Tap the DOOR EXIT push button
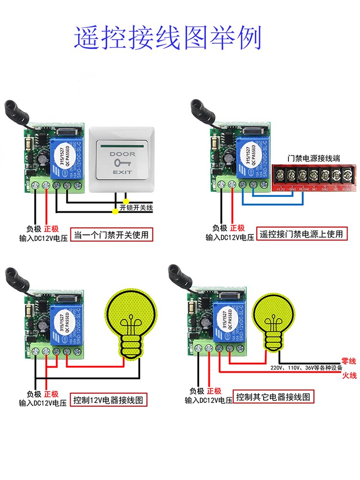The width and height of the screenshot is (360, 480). click(x=123, y=158)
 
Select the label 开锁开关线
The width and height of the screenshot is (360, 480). click(x=136, y=207)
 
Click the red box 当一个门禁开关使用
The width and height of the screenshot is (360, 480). click(x=111, y=235)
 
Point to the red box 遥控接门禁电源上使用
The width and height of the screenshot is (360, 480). click(x=301, y=234)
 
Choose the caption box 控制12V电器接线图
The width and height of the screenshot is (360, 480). click(x=108, y=399)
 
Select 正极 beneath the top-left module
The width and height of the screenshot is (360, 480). click(x=51, y=228)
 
